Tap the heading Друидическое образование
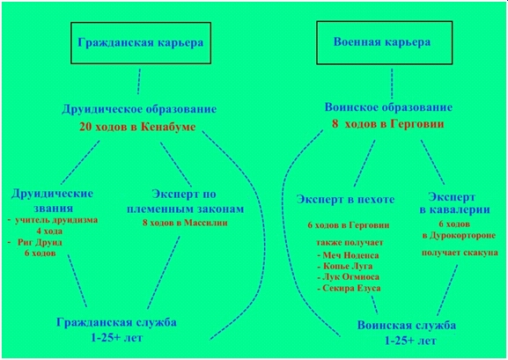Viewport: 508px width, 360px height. click(139, 109)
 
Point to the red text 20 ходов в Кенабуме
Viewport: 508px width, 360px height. click(137, 127)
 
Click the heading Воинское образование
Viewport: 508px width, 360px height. click(388, 107)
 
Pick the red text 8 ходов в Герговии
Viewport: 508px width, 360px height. click(387, 124)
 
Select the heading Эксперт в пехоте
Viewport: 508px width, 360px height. click(345, 199)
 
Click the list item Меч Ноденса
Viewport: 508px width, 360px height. click(348, 255)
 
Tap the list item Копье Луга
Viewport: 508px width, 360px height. click(345, 267)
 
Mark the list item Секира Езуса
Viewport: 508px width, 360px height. click(349, 289)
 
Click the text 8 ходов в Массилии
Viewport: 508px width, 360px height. click(185, 223)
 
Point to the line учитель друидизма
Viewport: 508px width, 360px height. click(53, 220)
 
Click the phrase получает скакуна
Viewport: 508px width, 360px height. click(460, 253)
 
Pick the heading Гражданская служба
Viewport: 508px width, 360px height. click(116, 322)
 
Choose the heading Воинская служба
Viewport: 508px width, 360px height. click(407, 326)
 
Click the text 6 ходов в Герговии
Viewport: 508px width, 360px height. click(349, 225)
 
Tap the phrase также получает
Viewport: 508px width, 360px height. click(350, 243)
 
